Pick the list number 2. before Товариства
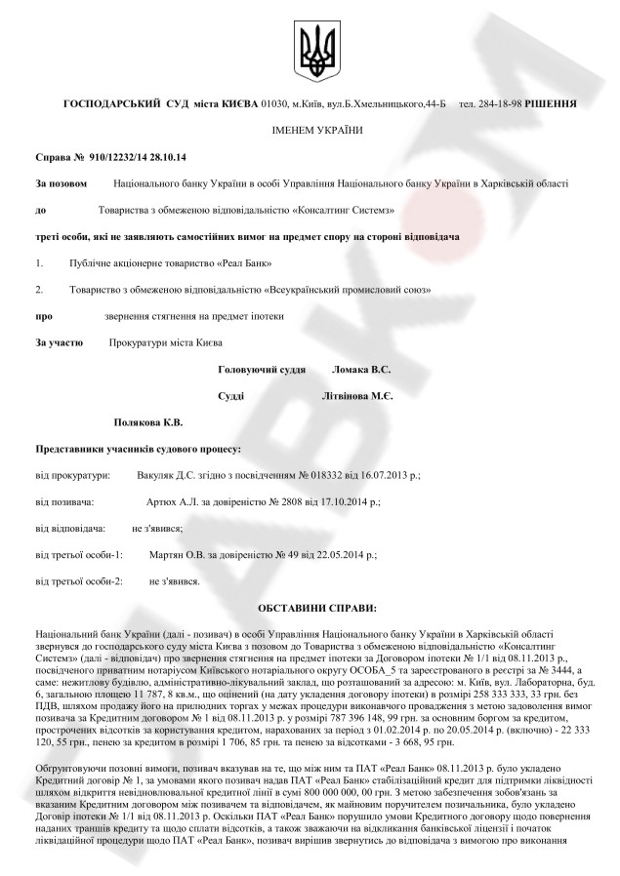click(x=39, y=290)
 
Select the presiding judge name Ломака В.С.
click(x=361, y=371)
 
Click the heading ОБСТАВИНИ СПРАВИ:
click(x=313, y=608)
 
